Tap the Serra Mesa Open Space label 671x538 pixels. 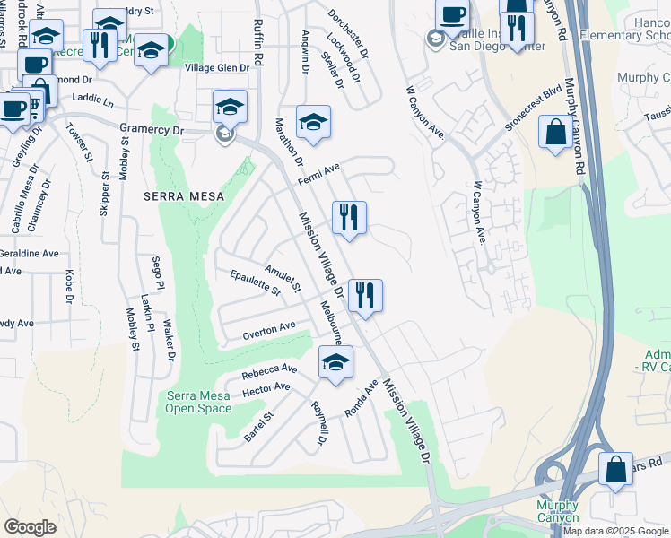point(198,403)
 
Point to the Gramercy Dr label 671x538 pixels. point(152,130)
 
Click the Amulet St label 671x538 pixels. point(283,277)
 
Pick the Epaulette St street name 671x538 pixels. point(256,282)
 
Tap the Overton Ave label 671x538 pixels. point(269,331)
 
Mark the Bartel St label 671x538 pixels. point(258,425)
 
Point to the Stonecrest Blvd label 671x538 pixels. point(532,109)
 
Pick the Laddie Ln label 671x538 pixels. point(93,98)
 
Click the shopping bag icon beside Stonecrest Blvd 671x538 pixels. point(555,133)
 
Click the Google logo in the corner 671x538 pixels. point(30,527)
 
